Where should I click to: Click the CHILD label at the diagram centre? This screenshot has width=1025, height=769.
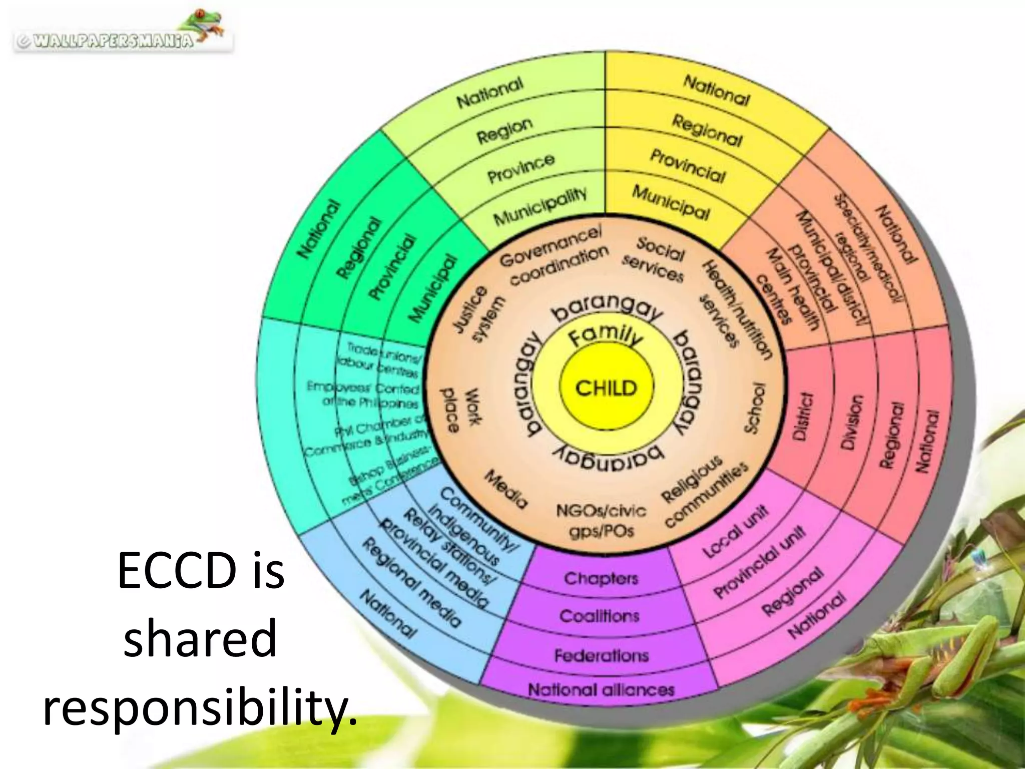[x=606, y=388]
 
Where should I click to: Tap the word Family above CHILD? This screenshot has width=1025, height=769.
[x=606, y=336]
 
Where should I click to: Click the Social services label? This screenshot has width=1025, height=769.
[x=655, y=259]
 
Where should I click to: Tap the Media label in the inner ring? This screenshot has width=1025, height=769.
[x=505, y=489]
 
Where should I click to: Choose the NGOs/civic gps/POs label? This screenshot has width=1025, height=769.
[x=602, y=521]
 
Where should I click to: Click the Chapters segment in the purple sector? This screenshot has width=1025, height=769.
[x=601, y=578]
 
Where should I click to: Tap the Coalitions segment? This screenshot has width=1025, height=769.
[x=600, y=616]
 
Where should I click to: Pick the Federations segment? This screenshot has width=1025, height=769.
[x=601, y=655]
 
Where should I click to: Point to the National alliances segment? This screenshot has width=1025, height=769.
[x=601, y=690]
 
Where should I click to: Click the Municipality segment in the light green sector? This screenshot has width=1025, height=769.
[x=540, y=206]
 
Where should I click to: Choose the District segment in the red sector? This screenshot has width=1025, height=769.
[x=803, y=416]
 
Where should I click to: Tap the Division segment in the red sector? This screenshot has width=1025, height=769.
[x=851, y=422]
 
